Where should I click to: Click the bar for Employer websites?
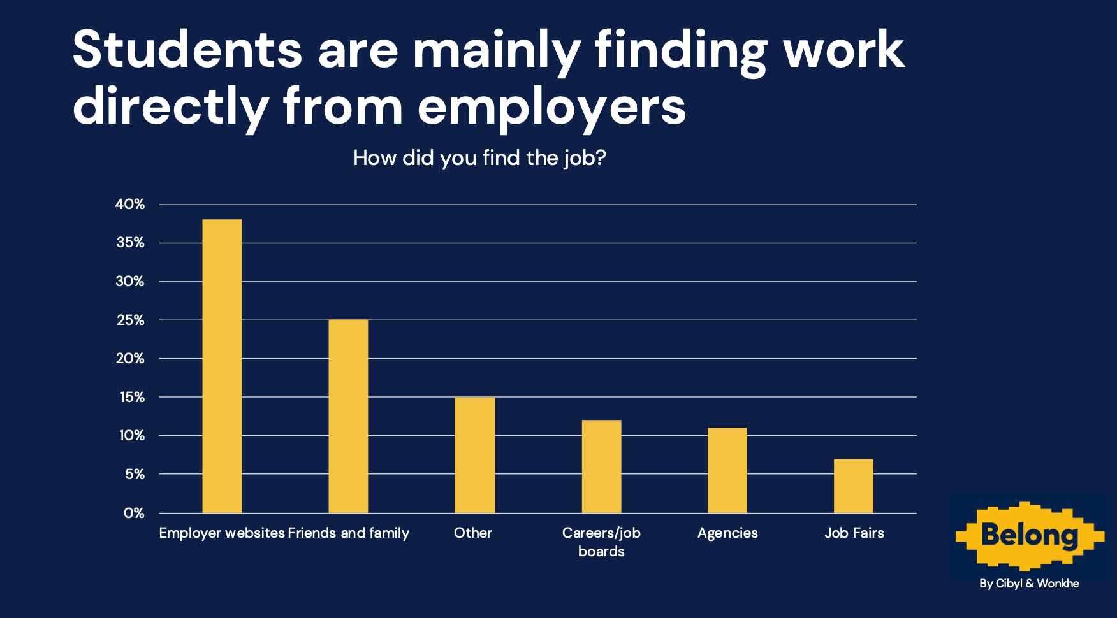click(222, 366)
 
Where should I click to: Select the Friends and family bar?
click(348, 416)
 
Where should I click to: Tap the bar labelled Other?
click(474, 455)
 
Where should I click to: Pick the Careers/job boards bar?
click(601, 466)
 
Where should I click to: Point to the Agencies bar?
click(727, 470)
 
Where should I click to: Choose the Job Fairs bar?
click(854, 485)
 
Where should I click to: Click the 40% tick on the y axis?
click(130, 205)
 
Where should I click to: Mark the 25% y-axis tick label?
click(131, 320)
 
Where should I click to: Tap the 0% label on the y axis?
click(134, 513)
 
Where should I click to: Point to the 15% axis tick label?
click(131, 397)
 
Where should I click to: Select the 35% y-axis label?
click(131, 243)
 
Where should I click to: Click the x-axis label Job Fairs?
click(854, 533)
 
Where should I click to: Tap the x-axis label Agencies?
click(727, 533)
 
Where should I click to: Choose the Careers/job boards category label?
click(601, 542)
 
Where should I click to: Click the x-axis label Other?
click(473, 533)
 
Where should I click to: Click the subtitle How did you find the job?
click(479, 158)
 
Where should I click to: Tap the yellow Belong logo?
click(1030, 535)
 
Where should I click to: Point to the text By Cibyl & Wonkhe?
click(1029, 584)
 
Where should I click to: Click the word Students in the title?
click(187, 50)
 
